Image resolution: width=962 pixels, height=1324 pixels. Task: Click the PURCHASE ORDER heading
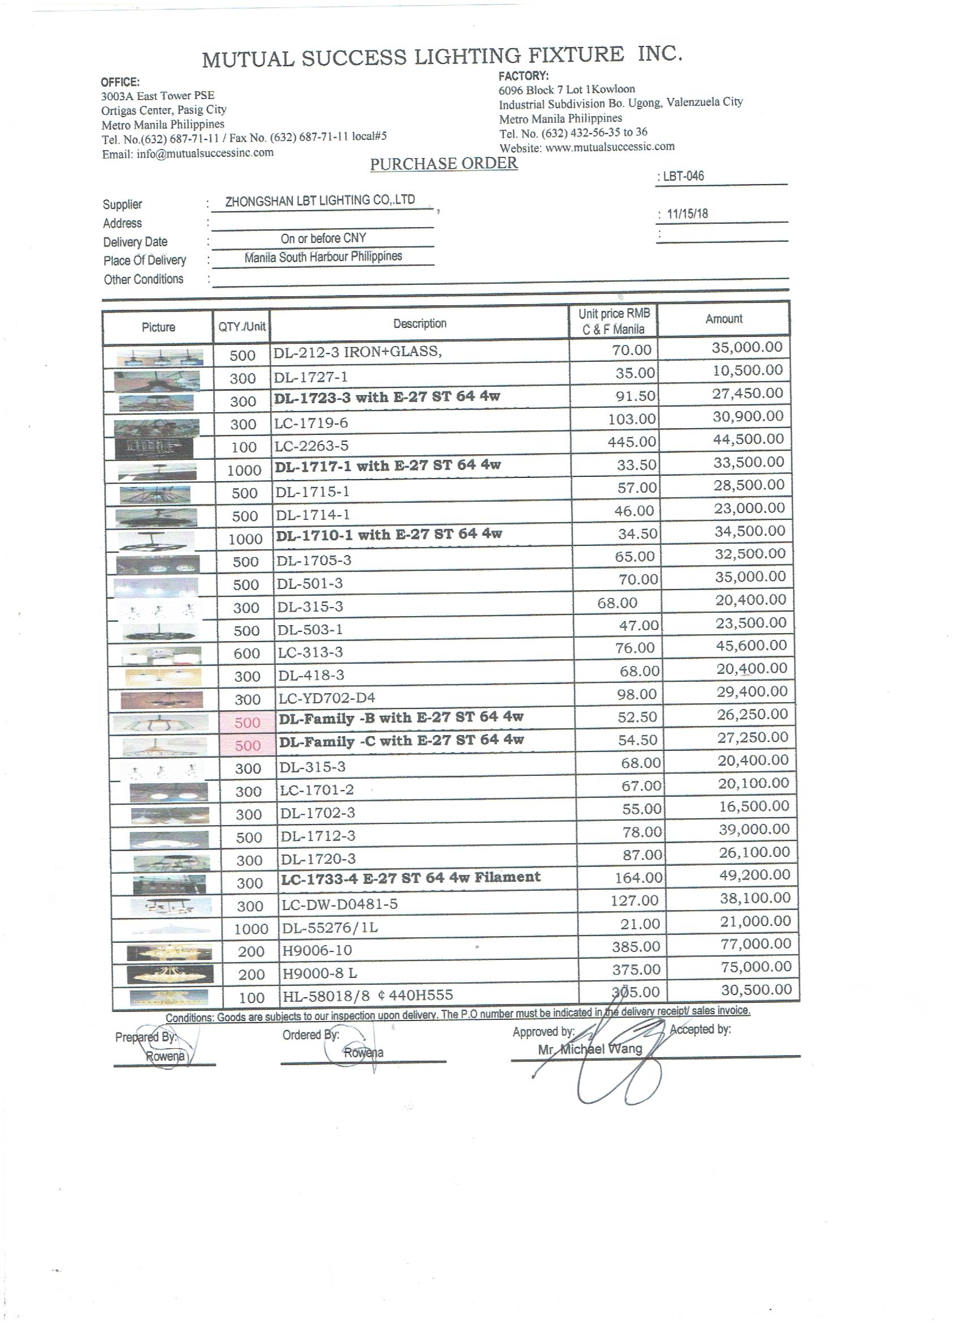tap(444, 164)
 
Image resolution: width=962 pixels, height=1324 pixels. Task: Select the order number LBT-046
tap(683, 176)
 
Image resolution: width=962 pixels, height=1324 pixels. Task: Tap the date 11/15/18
tap(687, 213)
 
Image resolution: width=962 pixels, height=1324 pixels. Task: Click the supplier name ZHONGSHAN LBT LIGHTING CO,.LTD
tap(320, 201)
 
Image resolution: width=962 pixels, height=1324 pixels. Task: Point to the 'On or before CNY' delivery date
tap(323, 238)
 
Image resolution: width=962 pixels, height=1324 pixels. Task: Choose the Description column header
tap(419, 323)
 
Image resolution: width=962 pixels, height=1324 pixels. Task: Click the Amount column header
tap(723, 319)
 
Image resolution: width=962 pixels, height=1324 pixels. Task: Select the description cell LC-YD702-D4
tap(327, 698)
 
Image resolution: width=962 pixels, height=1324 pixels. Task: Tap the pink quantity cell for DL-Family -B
tap(247, 723)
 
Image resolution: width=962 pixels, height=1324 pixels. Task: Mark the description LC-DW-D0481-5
tap(340, 904)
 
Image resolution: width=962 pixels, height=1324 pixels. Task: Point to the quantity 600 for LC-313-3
tap(247, 654)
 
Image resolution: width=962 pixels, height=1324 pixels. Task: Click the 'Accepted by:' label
tap(699, 1029)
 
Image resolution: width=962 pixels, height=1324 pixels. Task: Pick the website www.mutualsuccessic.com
tap(609, 147)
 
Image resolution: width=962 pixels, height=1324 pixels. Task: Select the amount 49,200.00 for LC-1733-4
tap(754, 875)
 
